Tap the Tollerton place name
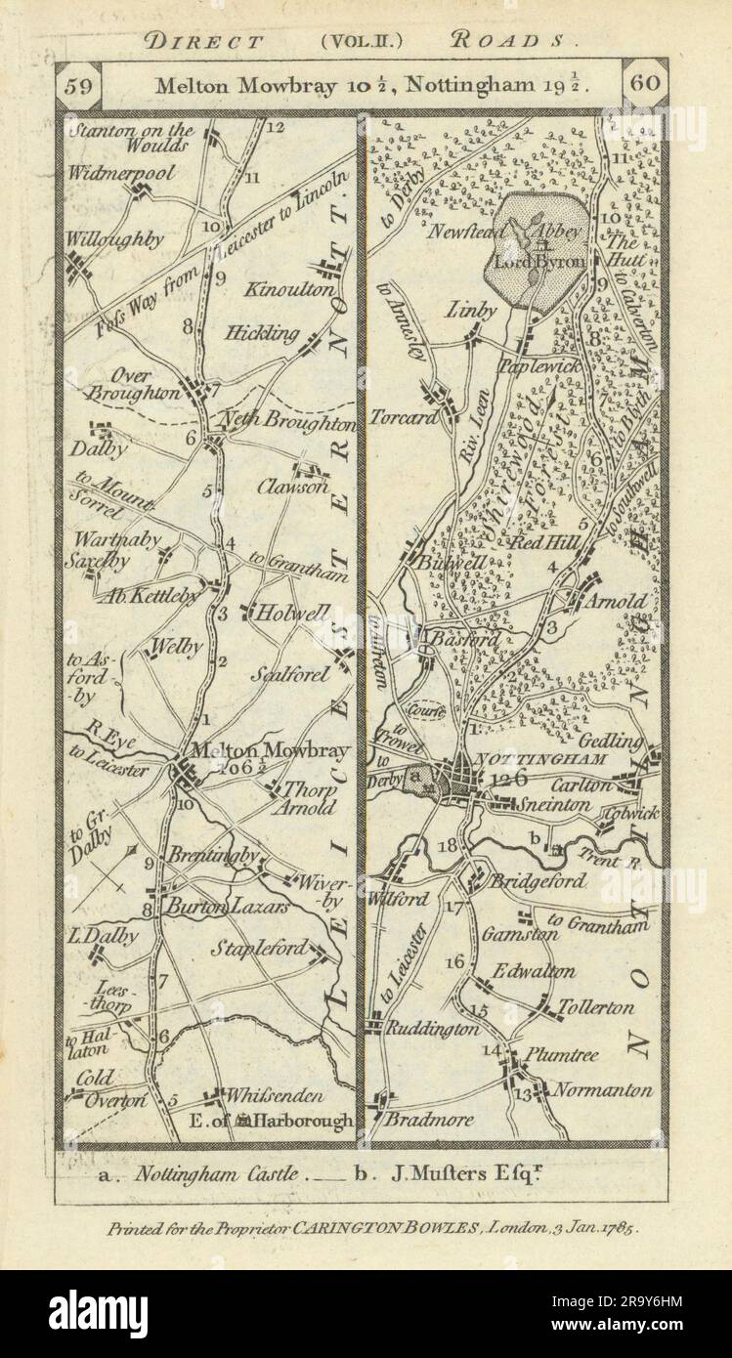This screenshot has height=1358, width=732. pyautogui.click(x=595, y=1007)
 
